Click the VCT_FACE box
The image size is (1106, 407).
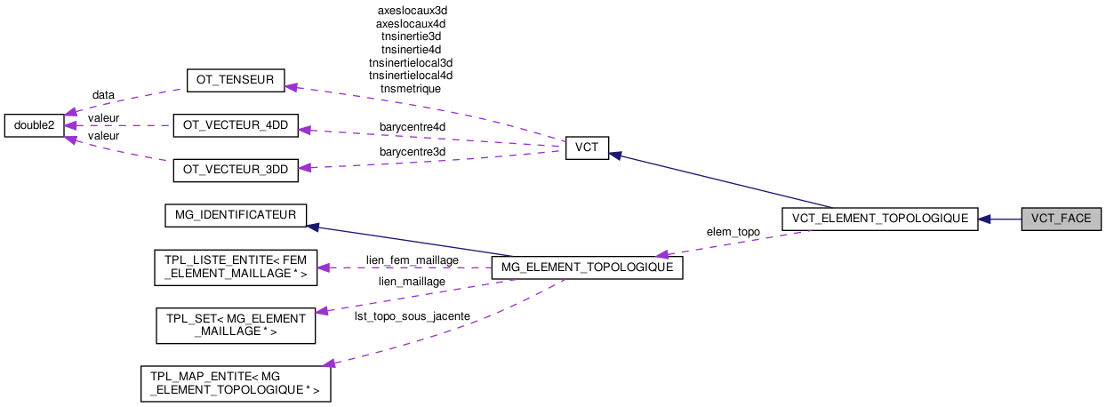pyautogui.click(x=1061, y=219)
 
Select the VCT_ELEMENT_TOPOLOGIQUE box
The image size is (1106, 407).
pyautogui.click(x=878, y=219)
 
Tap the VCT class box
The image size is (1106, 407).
pyautogui.click(x=586, y=148)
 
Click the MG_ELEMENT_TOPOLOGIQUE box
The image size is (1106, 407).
pyautogui.click(x=587, y=267)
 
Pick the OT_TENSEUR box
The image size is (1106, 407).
pyautogui.click(x=234, y=80)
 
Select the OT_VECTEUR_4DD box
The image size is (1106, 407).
pyautogui.click(x=235, y=125)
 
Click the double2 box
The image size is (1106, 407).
pyautogui.click(x=34, y=125)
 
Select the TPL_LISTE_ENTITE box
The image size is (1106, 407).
pyautogui.click(x=235, y=267)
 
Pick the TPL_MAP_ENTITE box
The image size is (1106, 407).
pyautogui.click(x=236, y=383)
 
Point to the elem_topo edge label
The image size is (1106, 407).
pyautogui.click(x=733, y=231)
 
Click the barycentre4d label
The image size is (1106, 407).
pyautogui.click(x=413, y=127)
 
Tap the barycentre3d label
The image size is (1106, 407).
pyautogui.click(x=413, y=152)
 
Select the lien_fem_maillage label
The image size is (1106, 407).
pyautogui.click(x=412, y=259)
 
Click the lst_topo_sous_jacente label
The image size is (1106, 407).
pyautogui.click(x=412, y=316)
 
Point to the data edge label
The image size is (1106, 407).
pyautogui.click(x=103, y=94)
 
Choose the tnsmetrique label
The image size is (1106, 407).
pyautogui.click(x=410, y=88)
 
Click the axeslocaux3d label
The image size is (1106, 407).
pyautogui.click(x=411, y=11)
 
